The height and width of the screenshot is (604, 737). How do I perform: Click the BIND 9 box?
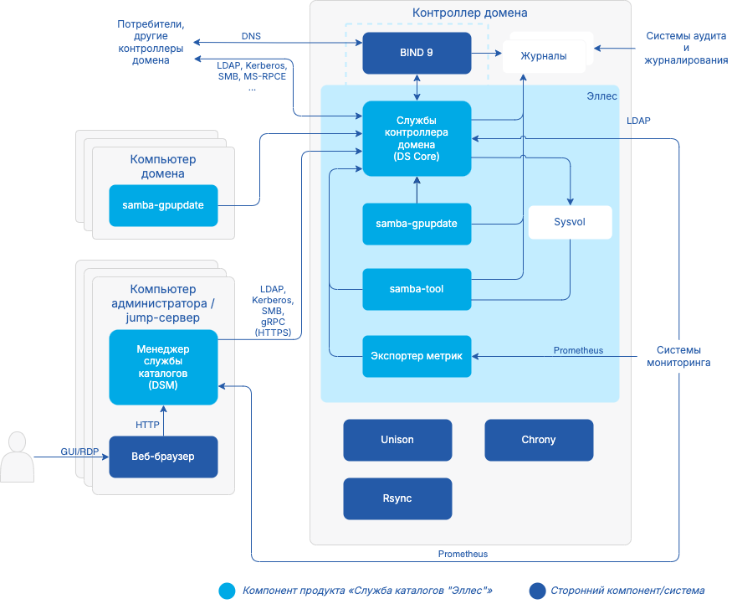click(x=417, y=53)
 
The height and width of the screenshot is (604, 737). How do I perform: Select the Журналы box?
click(x=544, y=56)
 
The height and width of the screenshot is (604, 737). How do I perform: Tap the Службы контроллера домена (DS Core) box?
click(x=417, y=138)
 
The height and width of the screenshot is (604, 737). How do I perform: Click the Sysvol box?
click(x=570, y=223)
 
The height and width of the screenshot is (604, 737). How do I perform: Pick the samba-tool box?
click(x=417, y=289)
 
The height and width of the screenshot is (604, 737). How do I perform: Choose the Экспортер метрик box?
click(x=417, y=356)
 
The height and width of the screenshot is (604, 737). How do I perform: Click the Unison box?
click(x=397, y=440)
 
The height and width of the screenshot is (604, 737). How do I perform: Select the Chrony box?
click(x=539, y=440)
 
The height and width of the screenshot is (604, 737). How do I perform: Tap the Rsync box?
click(x=397, y=498)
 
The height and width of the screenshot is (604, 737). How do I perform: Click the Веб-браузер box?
click(x=163, y=457)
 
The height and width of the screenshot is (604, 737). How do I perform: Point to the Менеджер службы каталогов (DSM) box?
click(x=163, y=367)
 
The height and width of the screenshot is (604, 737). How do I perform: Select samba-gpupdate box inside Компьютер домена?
click(x=163, y=205)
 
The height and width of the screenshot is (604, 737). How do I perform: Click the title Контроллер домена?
click(x=470, y=13)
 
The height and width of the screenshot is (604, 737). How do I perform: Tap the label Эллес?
click(x=601, y=96)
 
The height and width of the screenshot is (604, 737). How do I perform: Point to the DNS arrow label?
click(x=251, y=37)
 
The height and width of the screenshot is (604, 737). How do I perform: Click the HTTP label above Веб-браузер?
click(x=147, y=425)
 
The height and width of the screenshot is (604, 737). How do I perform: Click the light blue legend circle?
click(x=227, y=591)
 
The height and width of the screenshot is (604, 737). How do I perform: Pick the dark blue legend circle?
click(x=536, y=591)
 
